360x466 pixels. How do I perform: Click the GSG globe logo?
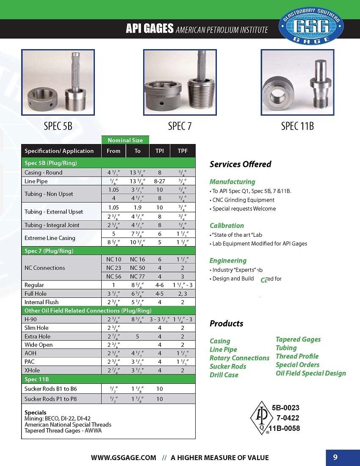[311, 26]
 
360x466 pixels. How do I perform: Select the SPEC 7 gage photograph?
[180, 82]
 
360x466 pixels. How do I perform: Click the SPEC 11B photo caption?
[297, 126]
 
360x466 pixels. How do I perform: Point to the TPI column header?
[160, 151]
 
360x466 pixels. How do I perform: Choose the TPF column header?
[183, 151]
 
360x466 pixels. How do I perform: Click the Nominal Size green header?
[125, 140]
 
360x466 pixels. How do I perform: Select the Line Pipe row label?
[36, 181]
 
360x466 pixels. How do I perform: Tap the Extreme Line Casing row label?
[50, 238]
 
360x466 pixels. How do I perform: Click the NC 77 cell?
[137, 276]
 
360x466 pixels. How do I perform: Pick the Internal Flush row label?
[42, 302]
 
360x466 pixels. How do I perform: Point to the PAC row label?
[30, 362]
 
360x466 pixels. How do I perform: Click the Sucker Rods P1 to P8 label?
[50, 399]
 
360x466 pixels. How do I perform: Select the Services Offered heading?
[240, 164]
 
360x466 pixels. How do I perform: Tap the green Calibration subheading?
[227, 225]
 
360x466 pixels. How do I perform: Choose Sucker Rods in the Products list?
[227, 366]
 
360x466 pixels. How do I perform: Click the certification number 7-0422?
[288, 418]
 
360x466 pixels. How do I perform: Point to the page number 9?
[335, 457]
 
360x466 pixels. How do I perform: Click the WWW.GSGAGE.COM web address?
[124, 458]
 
